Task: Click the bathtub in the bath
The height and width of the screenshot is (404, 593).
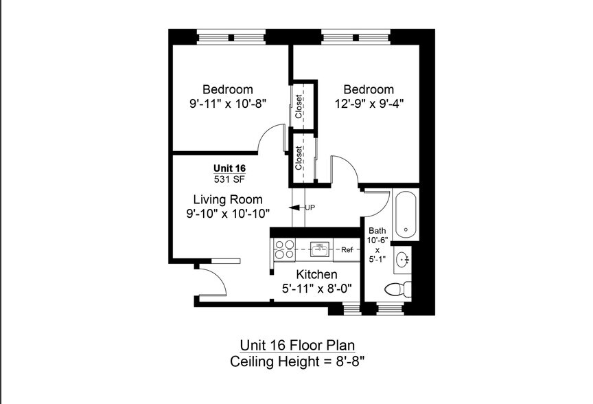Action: (x=406, y=214)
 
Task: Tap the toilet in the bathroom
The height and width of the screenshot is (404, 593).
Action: (x=398, y=290)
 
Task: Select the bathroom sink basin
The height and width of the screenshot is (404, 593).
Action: (x=402, y=260)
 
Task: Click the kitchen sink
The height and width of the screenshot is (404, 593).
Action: (x=320, y=249)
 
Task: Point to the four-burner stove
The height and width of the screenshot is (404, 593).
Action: (x=284, y=249)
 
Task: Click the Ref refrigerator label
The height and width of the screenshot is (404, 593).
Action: (x=347, y=249)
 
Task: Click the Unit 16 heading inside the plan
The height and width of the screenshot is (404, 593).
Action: (x=229, y=168)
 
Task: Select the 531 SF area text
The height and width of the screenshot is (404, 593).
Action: (x=229, y=179)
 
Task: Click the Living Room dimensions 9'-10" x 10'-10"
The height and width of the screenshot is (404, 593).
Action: (x=228, y=214)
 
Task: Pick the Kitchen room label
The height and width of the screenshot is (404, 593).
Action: (x=316, y=274)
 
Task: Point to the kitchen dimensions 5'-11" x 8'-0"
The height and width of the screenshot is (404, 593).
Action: (x=317, y=289)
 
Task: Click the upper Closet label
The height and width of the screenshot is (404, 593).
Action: (x=299, y=106)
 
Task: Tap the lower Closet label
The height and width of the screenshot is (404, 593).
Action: (x=299, y=158)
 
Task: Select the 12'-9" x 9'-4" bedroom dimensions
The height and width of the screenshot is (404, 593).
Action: (x=369, y=103)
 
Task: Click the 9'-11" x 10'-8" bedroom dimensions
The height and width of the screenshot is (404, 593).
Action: (x=228, y=103)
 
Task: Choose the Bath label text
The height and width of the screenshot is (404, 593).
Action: (x=377, y=230)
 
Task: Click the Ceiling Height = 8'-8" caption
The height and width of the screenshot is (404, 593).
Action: (x=297, y=361)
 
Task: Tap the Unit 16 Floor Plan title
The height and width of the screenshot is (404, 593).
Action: (x=297, y=345)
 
